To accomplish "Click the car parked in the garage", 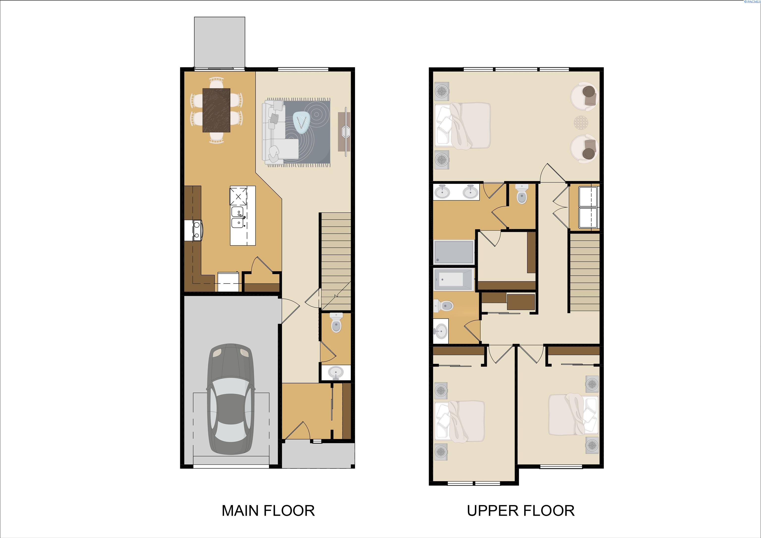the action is point(231,399).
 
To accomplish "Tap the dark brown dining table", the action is point(217,110).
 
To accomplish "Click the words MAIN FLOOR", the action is point(268,511).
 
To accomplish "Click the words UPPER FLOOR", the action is point(521,511).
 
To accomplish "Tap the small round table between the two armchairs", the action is point(582,123).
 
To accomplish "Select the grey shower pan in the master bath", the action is point(453,252).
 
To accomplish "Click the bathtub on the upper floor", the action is point(453,280).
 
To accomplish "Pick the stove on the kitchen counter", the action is point(193,230).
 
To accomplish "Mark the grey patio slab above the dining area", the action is point(219,42).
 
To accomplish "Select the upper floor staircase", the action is point(585,272).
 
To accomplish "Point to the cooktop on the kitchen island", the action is point(238,196).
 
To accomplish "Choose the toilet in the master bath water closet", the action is point(522,194).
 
